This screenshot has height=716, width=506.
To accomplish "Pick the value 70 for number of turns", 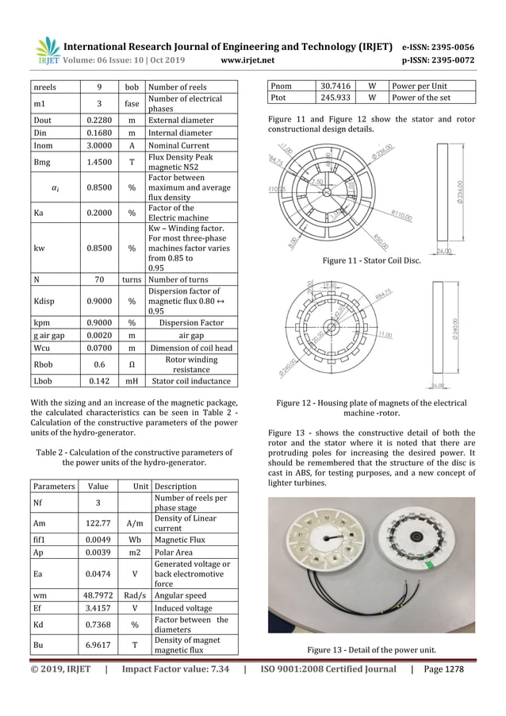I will tap(98, 279).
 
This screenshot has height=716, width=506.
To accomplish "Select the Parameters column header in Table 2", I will tap(54, 485).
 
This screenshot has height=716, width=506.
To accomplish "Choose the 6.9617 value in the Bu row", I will tap(98, 645).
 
